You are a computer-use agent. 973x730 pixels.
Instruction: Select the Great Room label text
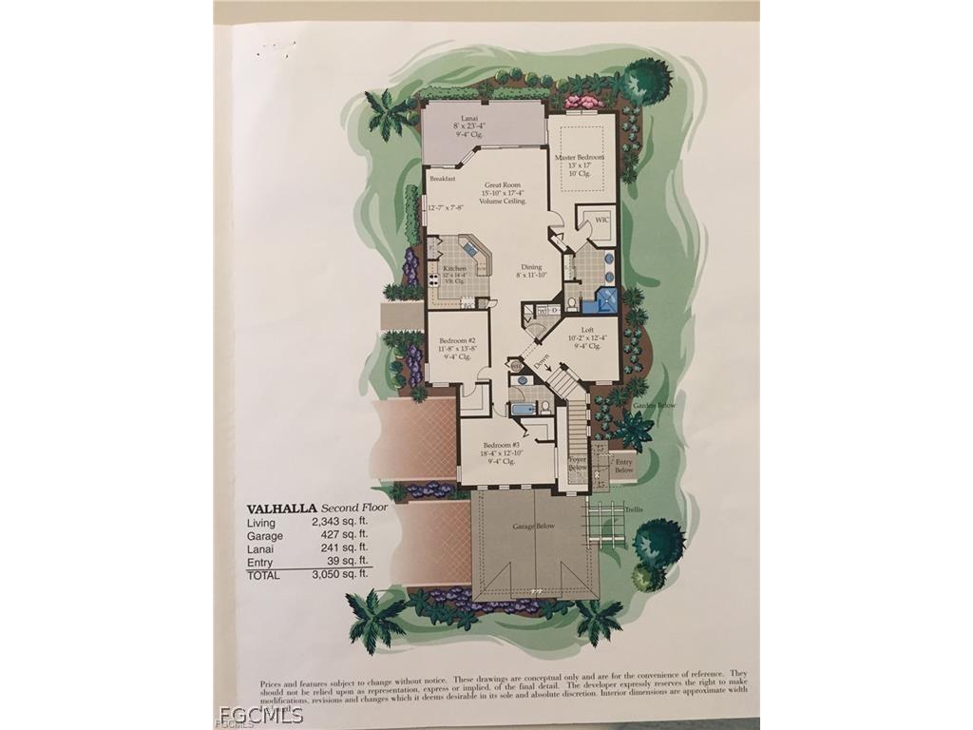tap(504, 185)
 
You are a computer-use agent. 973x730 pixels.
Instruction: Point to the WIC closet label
tap(601, 221)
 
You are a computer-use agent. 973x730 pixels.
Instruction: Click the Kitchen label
tap(454, 269)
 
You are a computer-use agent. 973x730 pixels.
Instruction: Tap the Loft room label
tap(587, 329)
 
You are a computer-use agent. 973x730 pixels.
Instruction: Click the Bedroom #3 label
tap(501, 445)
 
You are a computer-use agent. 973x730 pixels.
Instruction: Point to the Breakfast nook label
tap(443, 179)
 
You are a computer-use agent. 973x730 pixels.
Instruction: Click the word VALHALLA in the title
tap(281, 509)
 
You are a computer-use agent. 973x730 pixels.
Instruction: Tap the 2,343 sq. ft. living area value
tap(339, 523)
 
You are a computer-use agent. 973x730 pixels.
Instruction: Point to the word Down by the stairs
tap(541, 361)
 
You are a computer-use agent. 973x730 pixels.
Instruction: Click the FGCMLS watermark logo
tap(260, 714)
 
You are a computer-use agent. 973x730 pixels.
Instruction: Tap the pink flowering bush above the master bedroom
tap(580, 101)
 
